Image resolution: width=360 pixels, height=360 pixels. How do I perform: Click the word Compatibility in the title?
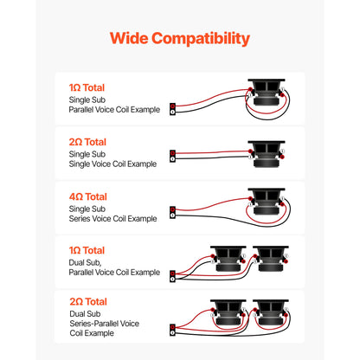point(201,39)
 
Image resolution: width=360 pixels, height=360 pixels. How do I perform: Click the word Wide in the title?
point(129,38)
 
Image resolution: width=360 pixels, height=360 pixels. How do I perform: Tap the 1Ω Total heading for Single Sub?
point(87,87)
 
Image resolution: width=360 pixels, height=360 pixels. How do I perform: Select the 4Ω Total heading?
point(88,196)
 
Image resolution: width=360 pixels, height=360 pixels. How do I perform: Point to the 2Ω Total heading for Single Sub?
point(87,142)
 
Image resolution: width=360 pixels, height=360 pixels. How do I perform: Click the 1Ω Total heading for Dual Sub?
point(87,250)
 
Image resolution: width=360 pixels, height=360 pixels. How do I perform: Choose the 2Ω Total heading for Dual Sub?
point(88,302)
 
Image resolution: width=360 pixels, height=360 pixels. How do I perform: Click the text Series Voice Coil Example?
point(112,219)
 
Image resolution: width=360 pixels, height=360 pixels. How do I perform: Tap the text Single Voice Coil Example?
point(112,164)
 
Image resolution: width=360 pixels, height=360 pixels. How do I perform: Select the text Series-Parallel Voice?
point(105,324)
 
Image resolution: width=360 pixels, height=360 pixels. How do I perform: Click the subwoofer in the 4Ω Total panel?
point(267,202)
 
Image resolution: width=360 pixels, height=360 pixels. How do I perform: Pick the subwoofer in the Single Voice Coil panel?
point(267,154)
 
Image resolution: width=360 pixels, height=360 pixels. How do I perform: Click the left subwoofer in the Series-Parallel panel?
point(228,312)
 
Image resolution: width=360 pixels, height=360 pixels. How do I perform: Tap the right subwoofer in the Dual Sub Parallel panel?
point(271,259)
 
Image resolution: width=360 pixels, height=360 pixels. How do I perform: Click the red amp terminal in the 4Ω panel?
point(172,209)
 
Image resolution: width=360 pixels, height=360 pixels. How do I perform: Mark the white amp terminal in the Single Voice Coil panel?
point(172,159)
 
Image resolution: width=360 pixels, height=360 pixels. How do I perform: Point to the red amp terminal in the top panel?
point(172,106)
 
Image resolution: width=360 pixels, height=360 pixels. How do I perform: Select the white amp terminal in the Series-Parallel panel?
point(172,333)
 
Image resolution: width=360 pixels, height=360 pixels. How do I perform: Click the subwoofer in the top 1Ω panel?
point(267,93)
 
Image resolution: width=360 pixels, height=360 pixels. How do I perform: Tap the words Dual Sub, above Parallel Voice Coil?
point(85,263)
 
